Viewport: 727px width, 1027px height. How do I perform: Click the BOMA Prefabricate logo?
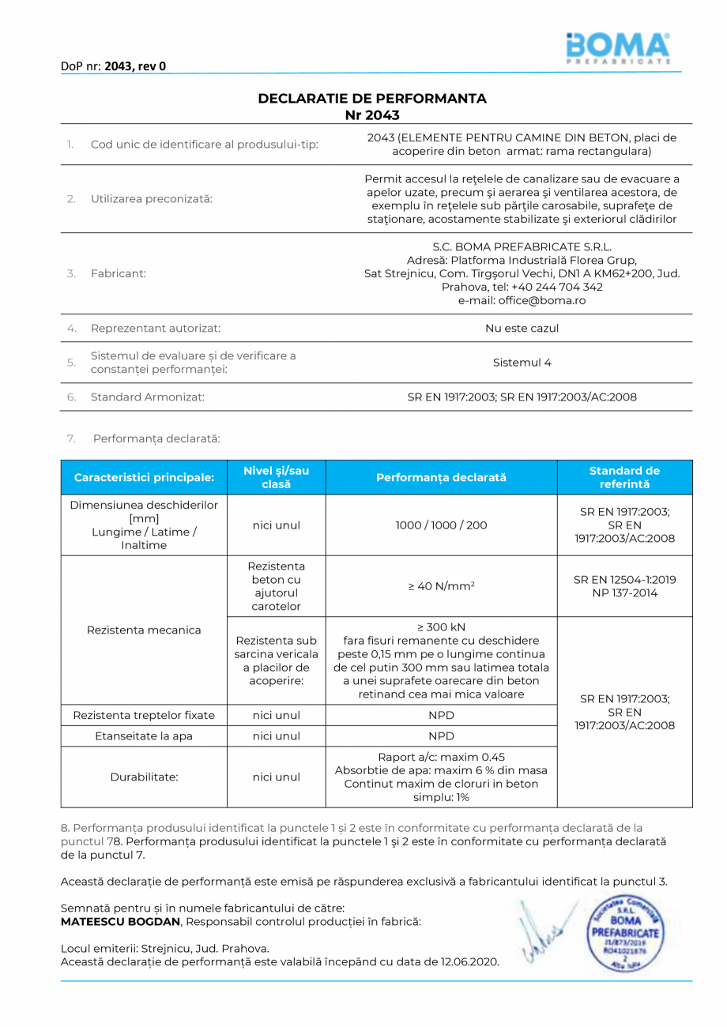[x=618, y=49]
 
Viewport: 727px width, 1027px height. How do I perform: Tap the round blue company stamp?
[x=625, y=938]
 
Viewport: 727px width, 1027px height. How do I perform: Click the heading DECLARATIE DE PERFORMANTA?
[x=372, y=99]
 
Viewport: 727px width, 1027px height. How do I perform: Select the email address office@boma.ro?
[x=522, y=301]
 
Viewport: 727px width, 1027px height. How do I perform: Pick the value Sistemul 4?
[x=522, y=363]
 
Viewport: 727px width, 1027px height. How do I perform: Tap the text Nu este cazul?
[x=522, y=328]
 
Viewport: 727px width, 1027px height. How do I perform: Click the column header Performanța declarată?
[x=441, y=478]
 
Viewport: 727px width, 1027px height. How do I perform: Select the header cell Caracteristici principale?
[x=144, y=478]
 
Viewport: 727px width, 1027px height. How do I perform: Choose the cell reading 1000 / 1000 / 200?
[x=441, y=525]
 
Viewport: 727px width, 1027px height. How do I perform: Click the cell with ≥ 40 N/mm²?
[x=441, y=586]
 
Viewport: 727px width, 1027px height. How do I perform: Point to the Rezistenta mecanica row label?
[x=144, y=630]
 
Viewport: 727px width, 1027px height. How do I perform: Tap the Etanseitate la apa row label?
[x=144, y=736]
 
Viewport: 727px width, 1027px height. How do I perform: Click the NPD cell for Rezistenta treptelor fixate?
[x=441, y=715]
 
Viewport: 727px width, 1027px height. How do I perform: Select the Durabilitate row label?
[x=144, y=777]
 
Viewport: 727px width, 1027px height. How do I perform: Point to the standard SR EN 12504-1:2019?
[x=624, y=579]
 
